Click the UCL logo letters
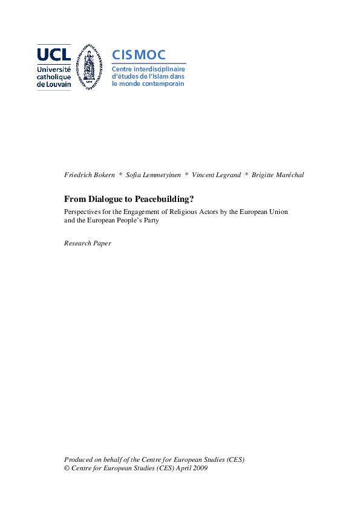tap(54, 54)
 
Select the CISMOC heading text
tap(139, 55)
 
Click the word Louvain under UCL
tap(59, 85)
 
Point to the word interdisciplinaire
tap(159, 69)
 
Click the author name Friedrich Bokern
tap(89, 175)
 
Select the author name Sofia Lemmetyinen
tap(154, 175)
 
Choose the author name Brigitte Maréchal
tap(278, 175)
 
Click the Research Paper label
tap(88, 243)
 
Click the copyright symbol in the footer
tap(67, 468)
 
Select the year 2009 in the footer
tap(199, 468)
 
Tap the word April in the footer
tap(182, 468)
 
